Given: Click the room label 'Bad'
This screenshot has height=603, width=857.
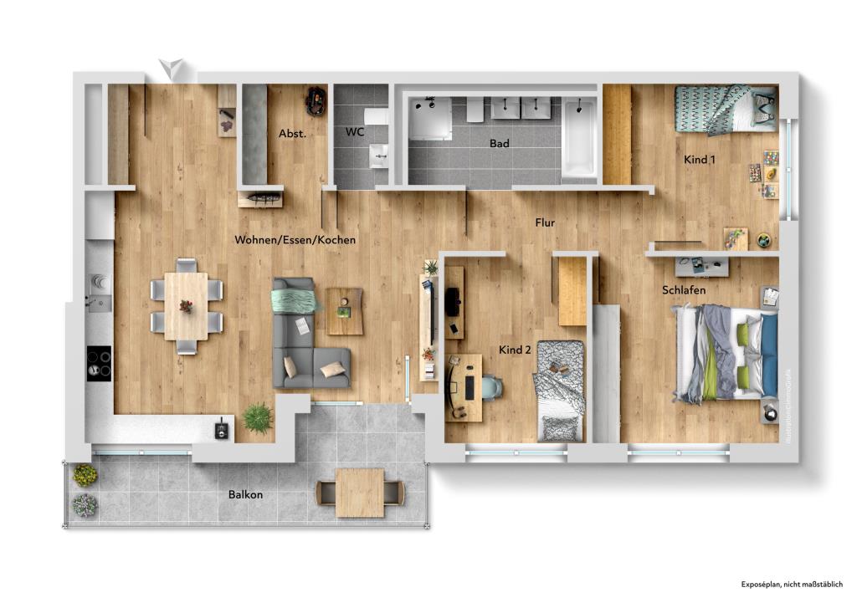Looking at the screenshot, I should pyautogui.click(x=499, y=144).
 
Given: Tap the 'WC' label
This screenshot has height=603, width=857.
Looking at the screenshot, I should pyautogui.click(x=355, y=132).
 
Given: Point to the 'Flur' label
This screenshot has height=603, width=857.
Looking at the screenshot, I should pyautogui.click(x=546, y=222).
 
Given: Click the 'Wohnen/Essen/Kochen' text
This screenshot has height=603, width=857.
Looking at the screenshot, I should pyautogui.click(x=295, y=240).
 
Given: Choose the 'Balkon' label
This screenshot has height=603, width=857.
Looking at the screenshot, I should pyautogui.click(x=245, y=494).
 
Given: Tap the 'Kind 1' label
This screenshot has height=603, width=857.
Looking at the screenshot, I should pyautogui.click(x=700, y=159).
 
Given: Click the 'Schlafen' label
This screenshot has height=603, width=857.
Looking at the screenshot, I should pyautogui.click(x=683, y=290).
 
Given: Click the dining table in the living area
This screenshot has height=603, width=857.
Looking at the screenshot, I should pyautogui.click(x=186, y=306).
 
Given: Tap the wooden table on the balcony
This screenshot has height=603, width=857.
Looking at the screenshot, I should pyautogui.click(x=360, y=493).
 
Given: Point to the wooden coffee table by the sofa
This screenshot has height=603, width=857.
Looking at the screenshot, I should pyautogui.click(x=344, y=310).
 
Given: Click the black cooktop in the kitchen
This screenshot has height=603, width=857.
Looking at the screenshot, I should pyautogui.click(x=99, y=363).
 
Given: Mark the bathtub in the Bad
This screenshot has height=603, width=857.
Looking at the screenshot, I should pyautogui.click(x=578, y=138).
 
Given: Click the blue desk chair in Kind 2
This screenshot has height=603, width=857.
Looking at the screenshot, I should pyautogui.click(x=491, y=387).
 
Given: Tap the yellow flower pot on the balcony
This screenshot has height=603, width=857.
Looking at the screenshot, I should pyautogui.click(x=85, y=475).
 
